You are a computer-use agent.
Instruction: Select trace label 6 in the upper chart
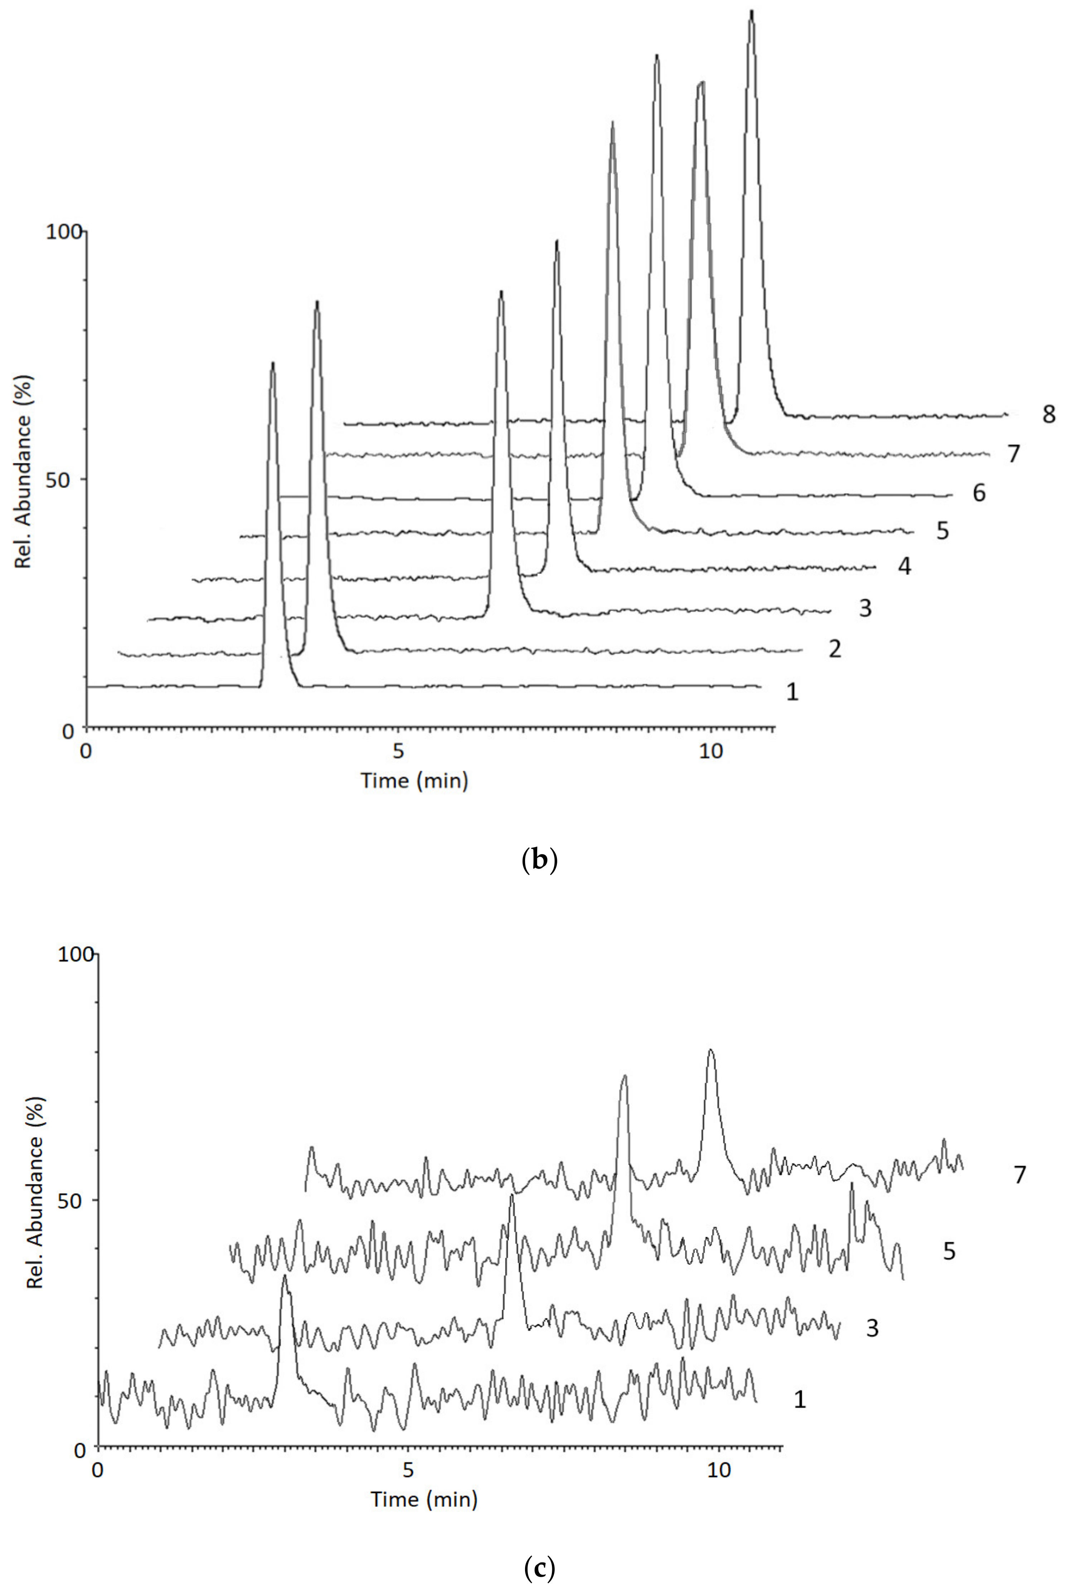[x=979, y=493]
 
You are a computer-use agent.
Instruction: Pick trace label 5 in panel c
[x=949, y=1251]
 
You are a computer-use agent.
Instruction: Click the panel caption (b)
[x=539, y=860]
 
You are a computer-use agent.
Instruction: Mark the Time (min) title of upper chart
[x=415, y=780]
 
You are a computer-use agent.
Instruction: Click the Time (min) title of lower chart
[x=424, y=1500]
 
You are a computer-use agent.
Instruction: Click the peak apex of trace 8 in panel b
[x=751, y=12]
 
